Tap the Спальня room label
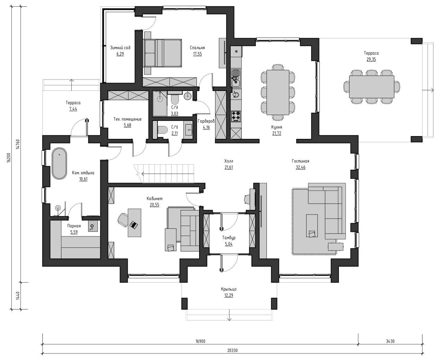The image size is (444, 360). point(197,48)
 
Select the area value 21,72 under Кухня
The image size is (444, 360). point(276,133)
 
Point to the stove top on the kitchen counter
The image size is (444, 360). point(236,116)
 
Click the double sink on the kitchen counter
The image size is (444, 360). point(236,78)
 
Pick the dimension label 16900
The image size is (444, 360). point(200,341)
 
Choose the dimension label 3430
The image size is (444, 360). point(390,341)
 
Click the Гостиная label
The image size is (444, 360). point(300,161)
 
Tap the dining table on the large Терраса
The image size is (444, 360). point(372,86)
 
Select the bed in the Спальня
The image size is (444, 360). point(163,53)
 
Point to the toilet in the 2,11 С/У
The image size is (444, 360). point(163,129)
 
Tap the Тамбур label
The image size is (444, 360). point(229,237)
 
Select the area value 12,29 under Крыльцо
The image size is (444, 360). point(229,295)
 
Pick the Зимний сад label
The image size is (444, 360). point(120,48)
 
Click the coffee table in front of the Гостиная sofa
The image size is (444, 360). point(312,226)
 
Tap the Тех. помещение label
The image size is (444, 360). point(127,119)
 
